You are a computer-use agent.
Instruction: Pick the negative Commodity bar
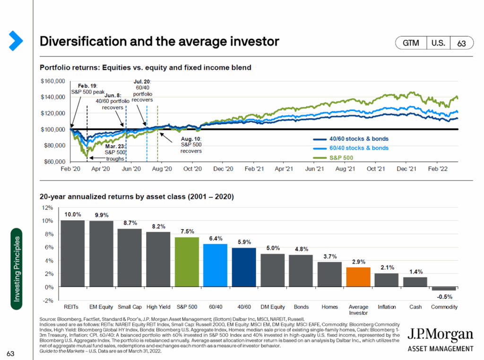coord(444,289)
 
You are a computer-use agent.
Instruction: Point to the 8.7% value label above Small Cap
coord(130,222)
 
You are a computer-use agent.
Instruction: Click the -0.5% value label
coord(444,297)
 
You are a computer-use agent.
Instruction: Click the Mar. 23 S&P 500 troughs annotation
coord(115,153)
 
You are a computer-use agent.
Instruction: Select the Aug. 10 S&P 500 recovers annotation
coord(191,145)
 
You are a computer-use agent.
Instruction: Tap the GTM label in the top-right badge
coord(411,43)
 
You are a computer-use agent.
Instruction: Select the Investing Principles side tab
coord(17,269)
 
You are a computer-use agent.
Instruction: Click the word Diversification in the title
coord(80,42)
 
